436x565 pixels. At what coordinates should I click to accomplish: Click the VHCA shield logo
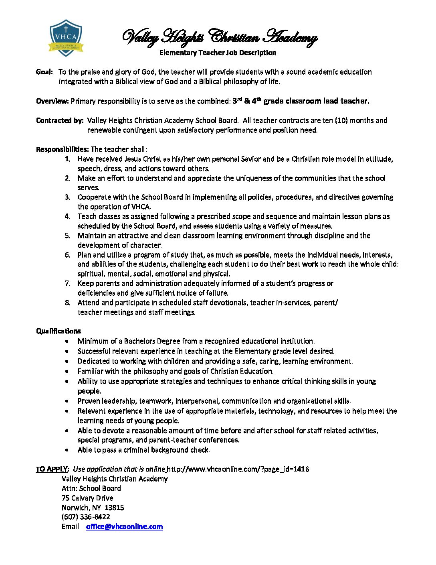coord(66,38)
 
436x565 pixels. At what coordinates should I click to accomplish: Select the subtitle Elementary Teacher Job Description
coord(218,53)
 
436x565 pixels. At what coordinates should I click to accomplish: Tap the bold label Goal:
coord(44,72)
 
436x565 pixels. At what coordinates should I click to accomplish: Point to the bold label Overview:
coord(52,101)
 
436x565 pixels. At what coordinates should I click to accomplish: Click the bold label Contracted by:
coord(60,120)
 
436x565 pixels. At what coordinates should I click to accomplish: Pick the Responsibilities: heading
coord(62,149)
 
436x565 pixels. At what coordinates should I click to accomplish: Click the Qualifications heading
coord(59,331)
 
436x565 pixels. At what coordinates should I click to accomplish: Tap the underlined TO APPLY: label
coord(52,469)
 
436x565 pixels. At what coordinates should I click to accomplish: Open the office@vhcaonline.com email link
coord(124,526)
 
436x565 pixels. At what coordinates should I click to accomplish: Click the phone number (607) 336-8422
coord(86,517)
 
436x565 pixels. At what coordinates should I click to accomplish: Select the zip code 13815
coord(114,508)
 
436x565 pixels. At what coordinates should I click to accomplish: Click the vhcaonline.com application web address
coord(238,469)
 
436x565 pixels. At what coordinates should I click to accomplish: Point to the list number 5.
coord(68,236)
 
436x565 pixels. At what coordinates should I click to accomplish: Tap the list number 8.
coord(68,303)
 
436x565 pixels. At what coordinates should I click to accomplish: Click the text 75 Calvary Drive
coord(87,498)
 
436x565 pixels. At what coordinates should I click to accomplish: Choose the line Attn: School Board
coord(91,488)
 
